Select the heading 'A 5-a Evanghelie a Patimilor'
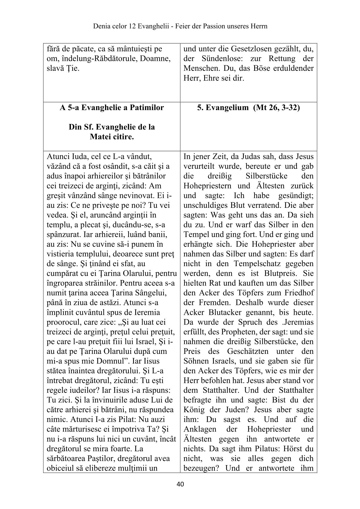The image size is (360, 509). click(112, 108)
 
